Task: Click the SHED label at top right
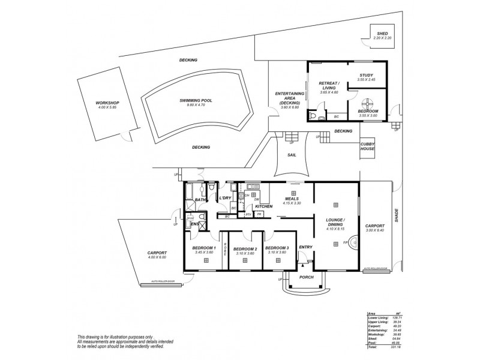382,34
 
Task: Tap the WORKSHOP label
108,103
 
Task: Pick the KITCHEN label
264,206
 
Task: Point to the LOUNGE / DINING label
334,222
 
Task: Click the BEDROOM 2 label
245,249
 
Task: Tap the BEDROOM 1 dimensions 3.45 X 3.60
204,253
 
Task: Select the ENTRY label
305,247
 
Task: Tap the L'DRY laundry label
226,197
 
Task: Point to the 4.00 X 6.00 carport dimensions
156,257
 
